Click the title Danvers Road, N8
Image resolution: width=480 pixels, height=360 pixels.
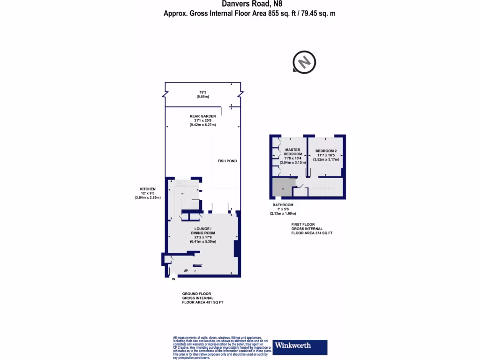(249, 4)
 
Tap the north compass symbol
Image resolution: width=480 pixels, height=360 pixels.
(304, 61)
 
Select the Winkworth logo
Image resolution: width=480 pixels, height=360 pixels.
(300, 346)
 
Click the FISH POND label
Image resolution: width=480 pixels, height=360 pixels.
(227, 161)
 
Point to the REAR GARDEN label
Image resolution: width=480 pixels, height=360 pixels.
(202, 117)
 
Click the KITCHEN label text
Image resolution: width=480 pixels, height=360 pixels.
(147, 189)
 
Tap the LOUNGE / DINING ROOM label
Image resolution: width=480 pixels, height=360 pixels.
(203, 230)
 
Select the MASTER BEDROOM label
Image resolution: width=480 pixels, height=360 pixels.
(292, 152)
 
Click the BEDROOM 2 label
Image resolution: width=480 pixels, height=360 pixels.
(326, 150)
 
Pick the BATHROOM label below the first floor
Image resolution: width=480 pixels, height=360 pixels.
(283, 205)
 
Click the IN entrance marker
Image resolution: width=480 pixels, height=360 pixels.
(173, 279)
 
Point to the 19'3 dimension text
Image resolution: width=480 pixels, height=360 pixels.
(202, 92)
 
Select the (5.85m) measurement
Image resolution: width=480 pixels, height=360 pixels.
(202, 97)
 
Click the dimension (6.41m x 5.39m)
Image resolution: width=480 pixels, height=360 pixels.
(203, 241)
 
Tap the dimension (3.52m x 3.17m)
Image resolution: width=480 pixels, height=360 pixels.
(326, 159)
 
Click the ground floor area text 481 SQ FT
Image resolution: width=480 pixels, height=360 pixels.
(202, 302)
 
